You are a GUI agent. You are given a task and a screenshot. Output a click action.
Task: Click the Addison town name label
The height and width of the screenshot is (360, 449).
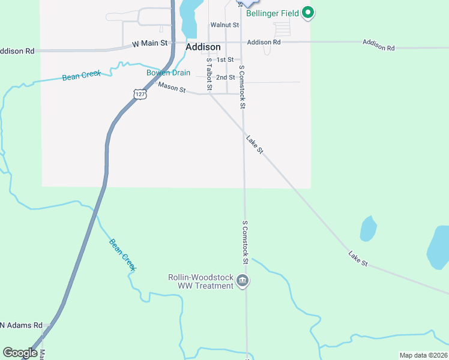(203, 47)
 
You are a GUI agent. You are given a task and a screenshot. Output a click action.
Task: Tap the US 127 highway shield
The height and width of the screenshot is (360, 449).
(140, 94)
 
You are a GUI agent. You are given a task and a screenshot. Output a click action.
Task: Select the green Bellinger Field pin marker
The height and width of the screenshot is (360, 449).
(308, 12)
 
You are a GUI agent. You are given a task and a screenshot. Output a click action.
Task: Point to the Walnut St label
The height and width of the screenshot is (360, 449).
(224, 25)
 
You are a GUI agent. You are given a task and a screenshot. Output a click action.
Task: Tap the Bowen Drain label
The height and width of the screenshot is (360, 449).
(169, 73)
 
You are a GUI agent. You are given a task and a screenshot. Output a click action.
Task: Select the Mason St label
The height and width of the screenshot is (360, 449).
(172, 88)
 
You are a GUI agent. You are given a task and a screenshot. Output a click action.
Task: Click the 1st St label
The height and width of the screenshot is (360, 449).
(225, 60)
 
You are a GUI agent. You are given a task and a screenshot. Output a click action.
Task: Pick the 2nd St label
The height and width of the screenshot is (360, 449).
(226, 77)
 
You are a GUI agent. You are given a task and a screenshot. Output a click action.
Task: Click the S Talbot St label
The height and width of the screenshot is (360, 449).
(209, 74)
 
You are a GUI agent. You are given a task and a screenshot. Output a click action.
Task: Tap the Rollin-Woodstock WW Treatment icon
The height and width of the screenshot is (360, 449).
(243, 281)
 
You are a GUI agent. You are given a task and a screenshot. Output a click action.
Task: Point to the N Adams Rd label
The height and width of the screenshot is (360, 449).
(20, 325)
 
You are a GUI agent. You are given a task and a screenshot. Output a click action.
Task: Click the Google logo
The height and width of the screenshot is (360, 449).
(20, 353)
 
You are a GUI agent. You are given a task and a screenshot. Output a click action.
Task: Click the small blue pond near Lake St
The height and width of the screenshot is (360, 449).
(367, 229)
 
